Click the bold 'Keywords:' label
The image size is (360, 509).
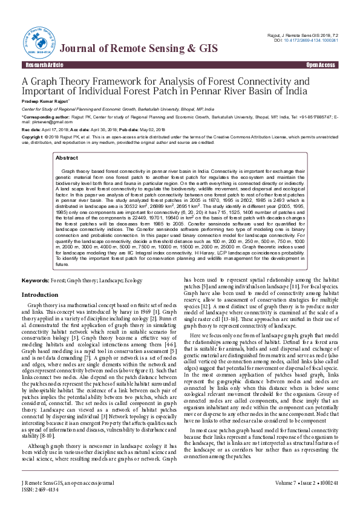(x=35, y=281)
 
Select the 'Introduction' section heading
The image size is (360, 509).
(x=39, y=294)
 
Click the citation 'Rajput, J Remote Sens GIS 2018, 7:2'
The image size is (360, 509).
(x=301, y=36)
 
